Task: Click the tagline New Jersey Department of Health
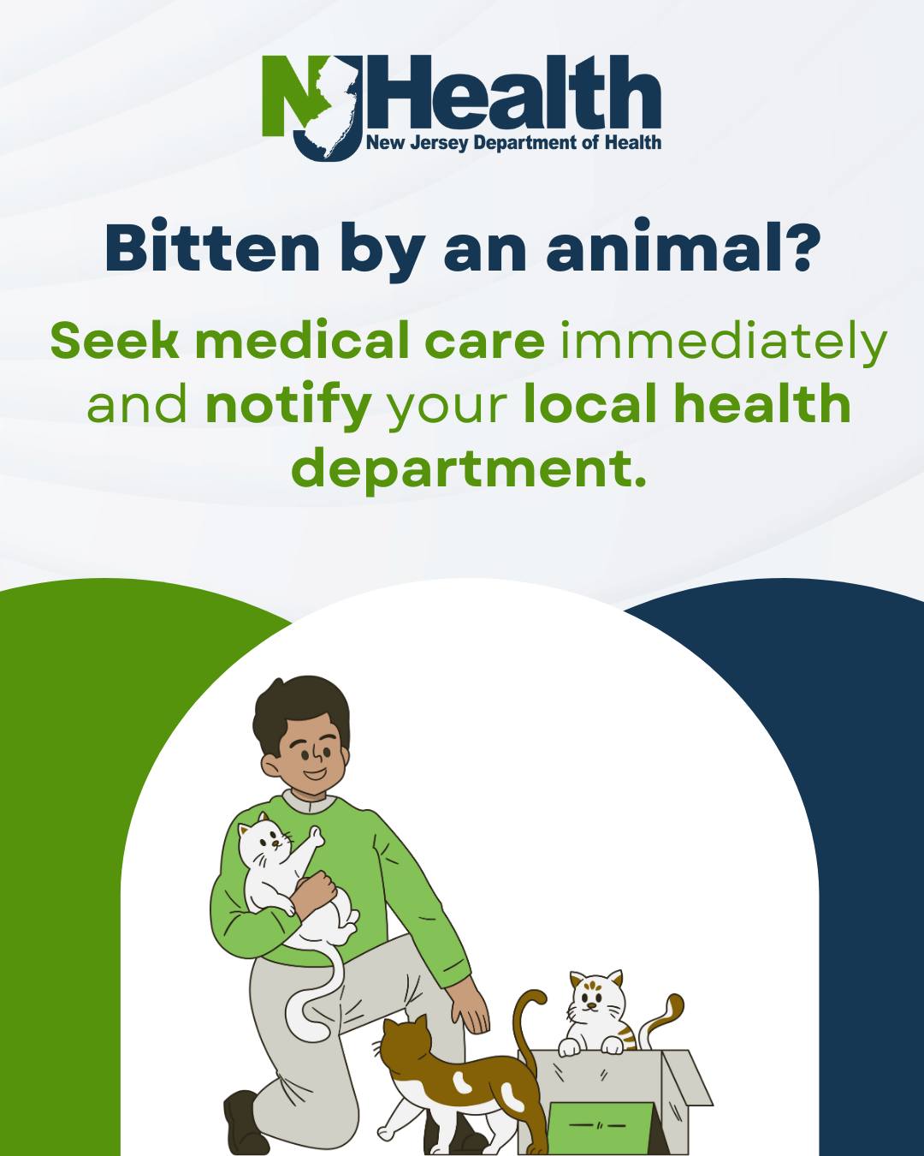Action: coord(513,143)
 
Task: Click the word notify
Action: coord(288,406)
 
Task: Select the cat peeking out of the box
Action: coord(596,1010)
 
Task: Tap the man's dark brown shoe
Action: coord(242,1122)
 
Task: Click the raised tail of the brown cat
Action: coord(526,1019)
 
